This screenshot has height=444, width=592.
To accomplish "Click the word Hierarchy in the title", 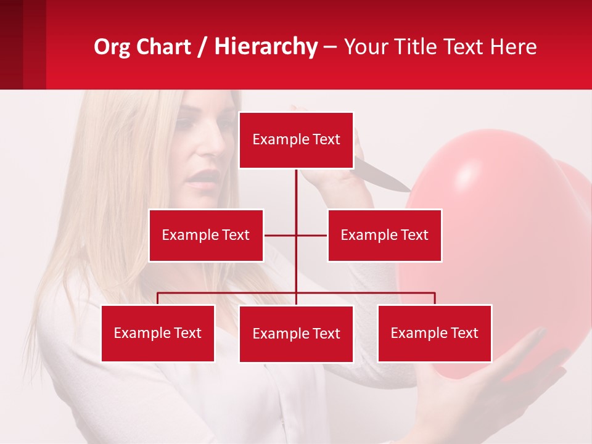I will pyautogui.click(x=266, y=47).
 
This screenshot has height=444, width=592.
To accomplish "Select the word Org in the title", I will pyautogui.click(x=112, y=47).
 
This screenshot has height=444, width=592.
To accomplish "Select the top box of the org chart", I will pyautogui.click(x=296, y=140).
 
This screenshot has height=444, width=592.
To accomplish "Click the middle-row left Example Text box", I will pyautogui.click(x=206, y=235).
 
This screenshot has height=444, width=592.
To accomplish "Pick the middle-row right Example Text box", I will pyautogui.click(x=384, y=235).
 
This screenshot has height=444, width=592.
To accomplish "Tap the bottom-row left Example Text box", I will pyautogui.click(x=158, y=333).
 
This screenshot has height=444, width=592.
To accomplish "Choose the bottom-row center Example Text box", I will pyautogui.click(x=296, y=334).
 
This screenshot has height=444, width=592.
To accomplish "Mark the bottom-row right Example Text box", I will pyautogui.click(x=435, y=333).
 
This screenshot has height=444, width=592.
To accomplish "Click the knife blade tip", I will pyautogui.click(x=409, y=190).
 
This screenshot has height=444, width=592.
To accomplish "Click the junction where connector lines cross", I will pyautogui.click(x=296, y=235).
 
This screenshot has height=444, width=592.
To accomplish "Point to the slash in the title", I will pyautogui.click(x=202, y=47).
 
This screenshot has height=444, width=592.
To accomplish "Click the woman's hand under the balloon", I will pyautogui.click(x=493, y=395).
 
